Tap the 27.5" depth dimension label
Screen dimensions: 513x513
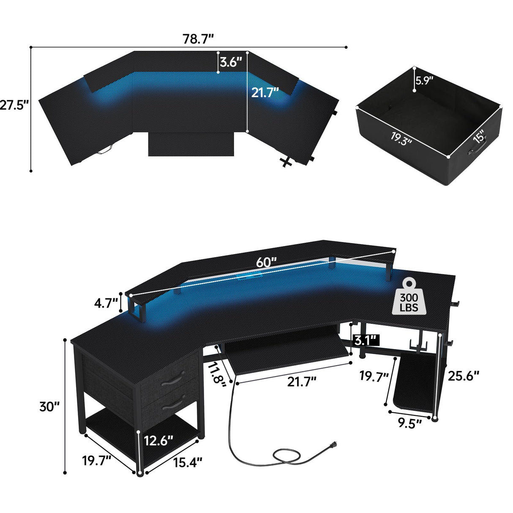tap(14, 105)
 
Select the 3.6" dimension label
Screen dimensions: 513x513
tap(231, 63)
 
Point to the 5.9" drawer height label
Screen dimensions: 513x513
tap(424, 80)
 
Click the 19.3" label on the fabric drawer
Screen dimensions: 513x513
tap(400, 139)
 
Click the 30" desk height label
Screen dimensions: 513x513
tap(49, 407)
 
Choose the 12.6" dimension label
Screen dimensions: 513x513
tap(158, 440)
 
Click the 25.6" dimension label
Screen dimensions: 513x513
tap(464, 375)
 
